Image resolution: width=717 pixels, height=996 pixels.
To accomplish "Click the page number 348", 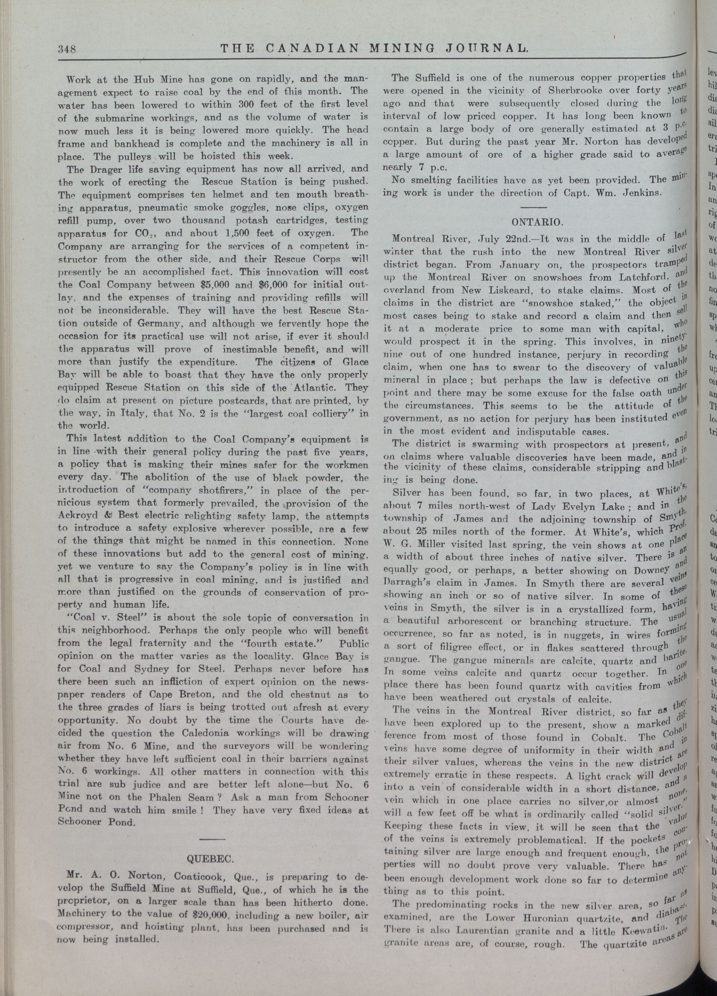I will pyautogui.click(x=67, y=49).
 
